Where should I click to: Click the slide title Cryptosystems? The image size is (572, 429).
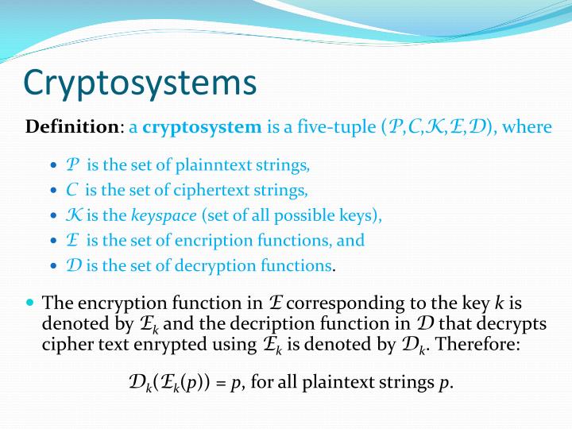[140, 82]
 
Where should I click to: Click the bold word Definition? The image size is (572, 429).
[71, 126]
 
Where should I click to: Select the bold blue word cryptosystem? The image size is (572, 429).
[202, 126]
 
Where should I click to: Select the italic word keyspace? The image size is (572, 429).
[163, 215]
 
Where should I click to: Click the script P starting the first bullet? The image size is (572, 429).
[73, 165]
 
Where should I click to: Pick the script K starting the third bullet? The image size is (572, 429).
[72, 215]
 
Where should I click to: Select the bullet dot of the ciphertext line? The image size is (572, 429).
[53, 191]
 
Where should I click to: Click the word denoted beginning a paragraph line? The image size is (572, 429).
[68, 323]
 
